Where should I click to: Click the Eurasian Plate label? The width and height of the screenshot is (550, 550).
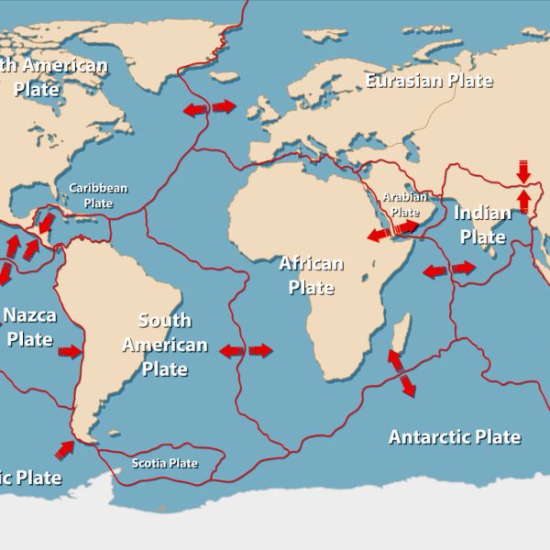tap(429, 81)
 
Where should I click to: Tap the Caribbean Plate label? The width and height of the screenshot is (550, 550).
tap(98, 195)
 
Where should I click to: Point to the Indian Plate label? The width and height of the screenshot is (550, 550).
tap(483, 225)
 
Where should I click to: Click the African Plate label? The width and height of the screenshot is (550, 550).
tap(311, 275)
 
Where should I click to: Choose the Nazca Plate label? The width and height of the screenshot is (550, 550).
tap(29, 327)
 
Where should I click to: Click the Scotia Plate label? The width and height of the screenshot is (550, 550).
tap(165, 463)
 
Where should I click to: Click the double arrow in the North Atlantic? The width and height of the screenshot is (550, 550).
tap(209, 108)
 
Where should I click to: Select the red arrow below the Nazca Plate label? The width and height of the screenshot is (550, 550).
tap(70, 351)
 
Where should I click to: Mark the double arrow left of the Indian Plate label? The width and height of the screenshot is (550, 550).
tap(449, 269)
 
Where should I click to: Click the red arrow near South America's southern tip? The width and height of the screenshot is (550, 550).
tap(65, 449)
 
